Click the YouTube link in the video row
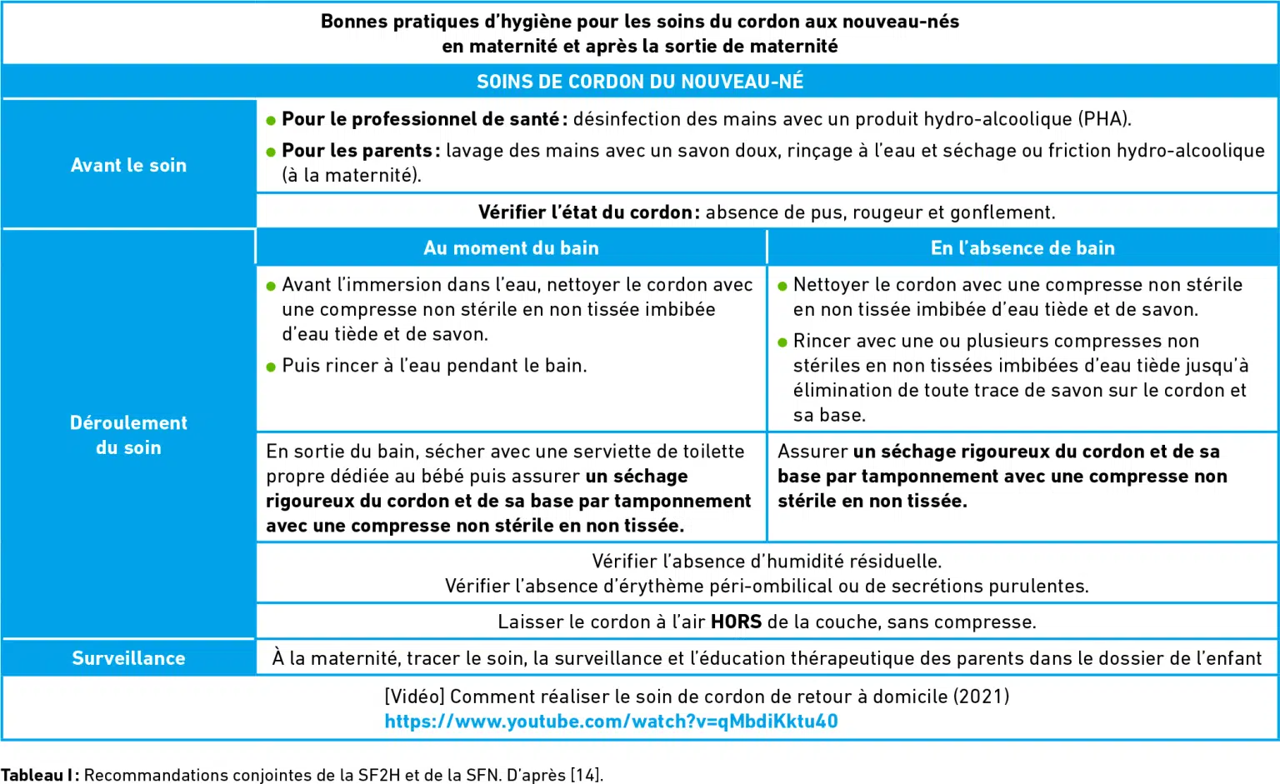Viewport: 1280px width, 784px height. point(611,722)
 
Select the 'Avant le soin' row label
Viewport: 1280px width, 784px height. point(128,165)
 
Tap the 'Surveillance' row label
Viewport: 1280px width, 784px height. point(128,658)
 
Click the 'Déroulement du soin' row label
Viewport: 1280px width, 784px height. point(128,435)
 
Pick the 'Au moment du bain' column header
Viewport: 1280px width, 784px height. point(511,247)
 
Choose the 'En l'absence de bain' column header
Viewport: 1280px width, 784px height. point(1022,247)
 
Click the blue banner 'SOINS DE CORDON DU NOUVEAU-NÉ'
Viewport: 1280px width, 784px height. point(640,82)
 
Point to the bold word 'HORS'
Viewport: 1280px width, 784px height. point(736,622)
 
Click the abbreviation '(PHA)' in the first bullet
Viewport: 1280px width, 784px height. point(1105,118)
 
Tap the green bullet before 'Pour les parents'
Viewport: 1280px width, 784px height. point(271,152)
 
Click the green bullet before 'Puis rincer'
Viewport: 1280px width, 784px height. point(271,367)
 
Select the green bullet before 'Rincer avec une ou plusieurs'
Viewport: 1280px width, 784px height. point(782,342)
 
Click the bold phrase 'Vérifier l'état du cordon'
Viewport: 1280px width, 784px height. point(584,212)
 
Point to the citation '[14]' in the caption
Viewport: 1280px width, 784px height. point(585,775)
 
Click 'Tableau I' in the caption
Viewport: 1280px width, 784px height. point(37,775)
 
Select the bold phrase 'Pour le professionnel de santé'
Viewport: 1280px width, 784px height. point(420,118)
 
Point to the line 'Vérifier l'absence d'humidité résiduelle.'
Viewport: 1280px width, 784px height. point(767,561)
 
